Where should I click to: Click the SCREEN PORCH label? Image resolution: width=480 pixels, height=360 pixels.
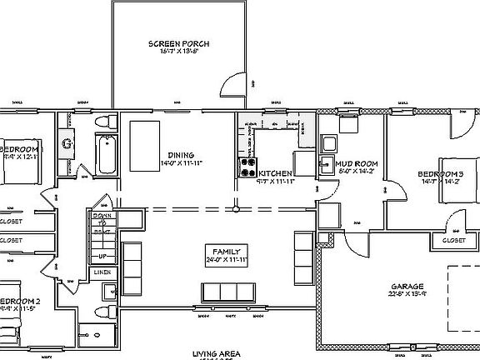179,43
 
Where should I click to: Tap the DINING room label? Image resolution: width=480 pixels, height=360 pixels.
181,155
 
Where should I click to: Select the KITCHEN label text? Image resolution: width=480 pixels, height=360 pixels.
274,173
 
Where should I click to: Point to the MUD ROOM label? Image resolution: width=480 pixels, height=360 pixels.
357,163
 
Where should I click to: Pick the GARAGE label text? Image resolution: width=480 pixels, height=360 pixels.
406,286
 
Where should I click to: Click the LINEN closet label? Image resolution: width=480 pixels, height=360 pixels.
102,272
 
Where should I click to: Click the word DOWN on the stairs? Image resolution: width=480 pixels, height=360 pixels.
101,213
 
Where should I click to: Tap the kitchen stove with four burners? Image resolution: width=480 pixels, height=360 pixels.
247,167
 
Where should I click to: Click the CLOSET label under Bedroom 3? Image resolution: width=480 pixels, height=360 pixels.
453,240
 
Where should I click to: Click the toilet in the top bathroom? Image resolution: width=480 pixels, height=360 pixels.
102,123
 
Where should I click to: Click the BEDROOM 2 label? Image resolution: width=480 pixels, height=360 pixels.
16,300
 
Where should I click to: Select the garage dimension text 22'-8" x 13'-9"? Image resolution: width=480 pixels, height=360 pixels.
406,294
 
